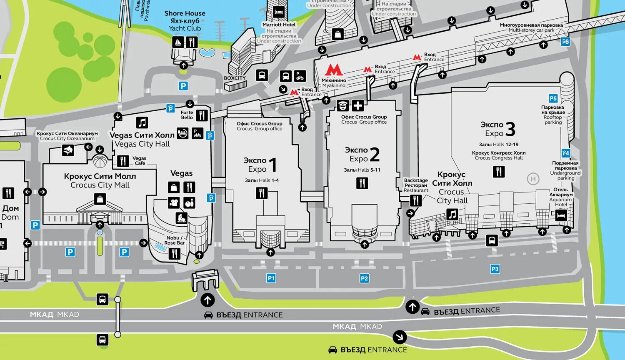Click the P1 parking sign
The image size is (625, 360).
[x=271, y=278]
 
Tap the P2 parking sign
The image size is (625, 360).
[x=364, y=278]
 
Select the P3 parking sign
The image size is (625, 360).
[x=495, y=269]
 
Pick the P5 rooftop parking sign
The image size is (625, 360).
[x=553, y=99]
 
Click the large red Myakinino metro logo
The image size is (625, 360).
[x=334, y=70]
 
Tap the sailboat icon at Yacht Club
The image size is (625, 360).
[x=178, y=42]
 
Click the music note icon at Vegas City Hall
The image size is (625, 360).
[x=142, y=122]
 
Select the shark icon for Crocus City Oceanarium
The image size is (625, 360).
[x=68, y=150]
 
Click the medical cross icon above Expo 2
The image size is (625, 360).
[x=357, y=105]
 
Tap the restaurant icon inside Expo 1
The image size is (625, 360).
[x=262, y=193]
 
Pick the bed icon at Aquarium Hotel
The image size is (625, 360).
[x=561, y=215]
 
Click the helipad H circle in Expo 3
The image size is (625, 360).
[x=533, y=179]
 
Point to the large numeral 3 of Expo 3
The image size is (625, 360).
[x=510, y=129]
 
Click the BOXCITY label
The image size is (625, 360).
[x=235, y=78]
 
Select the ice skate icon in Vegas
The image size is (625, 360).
[x=181, y=218]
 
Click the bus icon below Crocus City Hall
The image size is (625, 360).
[x=492, y=240]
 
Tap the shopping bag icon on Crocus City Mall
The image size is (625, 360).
[x=100, y=199]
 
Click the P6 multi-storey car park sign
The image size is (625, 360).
[x=565, y=42]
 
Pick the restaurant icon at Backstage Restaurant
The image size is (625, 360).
[x=416, y=200]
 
